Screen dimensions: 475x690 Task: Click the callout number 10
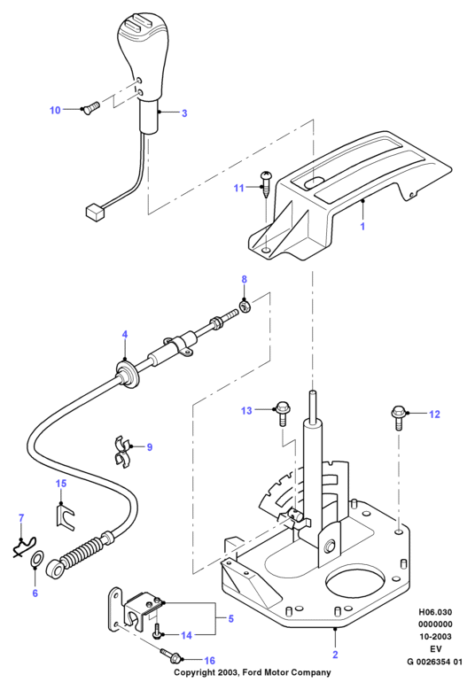tap(55, 110)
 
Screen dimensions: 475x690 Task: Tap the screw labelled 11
tap(267, 184)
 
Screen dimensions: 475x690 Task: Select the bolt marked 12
tap(398, 417)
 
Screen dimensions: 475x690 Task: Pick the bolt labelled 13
tap(282, 413)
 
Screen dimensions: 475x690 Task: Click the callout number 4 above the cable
tap(125, 335)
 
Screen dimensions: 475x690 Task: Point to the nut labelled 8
tap(245, 305)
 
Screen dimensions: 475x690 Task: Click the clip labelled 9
tap(121, 452)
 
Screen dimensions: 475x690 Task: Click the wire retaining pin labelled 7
tap(24, 547)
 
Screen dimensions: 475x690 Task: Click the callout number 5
tap(230, 619)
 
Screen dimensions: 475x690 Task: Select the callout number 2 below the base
tap(335, 655)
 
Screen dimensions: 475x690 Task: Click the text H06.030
tap(435, 612)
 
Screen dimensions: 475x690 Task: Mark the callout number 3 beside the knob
tap(184, 113)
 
